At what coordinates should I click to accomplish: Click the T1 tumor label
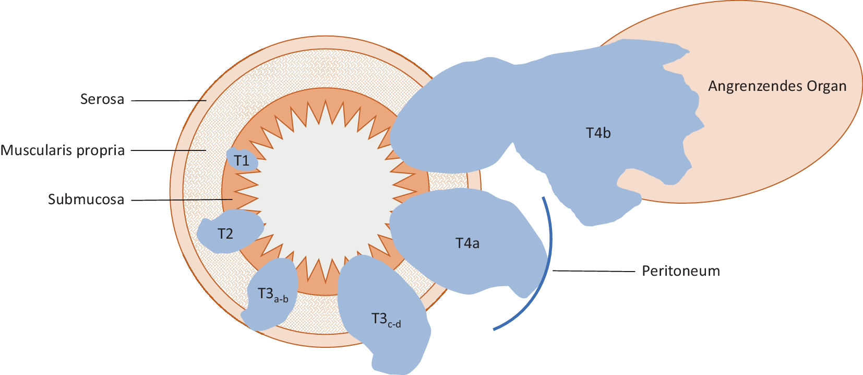[241, 160]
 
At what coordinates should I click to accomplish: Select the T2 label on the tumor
[225, 234]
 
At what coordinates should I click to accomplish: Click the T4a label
[467, 243]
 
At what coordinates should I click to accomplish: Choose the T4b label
[598, 133]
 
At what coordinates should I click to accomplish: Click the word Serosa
[102, 99]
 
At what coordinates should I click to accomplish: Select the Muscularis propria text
[63, 150]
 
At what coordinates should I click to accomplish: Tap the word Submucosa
[86, 200]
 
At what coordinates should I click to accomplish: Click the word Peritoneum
[681, 271]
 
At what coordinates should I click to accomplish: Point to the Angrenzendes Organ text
[777, 86]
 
